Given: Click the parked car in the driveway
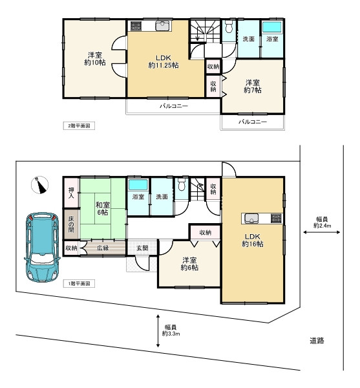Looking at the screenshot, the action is [x=42, y=247].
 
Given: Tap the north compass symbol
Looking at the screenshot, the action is [x=39, y=185].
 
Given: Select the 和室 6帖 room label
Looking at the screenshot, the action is [x=102, y=208].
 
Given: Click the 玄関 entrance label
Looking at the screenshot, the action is [x=142, y=248].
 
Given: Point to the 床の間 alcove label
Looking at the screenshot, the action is [x=71, y=224].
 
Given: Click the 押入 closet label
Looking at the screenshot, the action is [x=71, y=193].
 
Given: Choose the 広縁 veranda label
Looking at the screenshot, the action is [x=103, y=248].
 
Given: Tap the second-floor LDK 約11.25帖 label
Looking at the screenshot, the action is [x=164, y=61].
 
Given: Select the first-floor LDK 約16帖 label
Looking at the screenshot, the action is [x=253, y=240].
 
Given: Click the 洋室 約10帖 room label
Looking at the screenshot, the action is [x=95, y=59].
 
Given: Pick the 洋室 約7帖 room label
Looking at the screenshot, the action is [x=253, y=86].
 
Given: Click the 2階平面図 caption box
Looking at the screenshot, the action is [x=79, y=125].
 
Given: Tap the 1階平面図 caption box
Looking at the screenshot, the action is [x=79, y=284].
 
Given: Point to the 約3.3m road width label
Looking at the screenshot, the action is [x=171, y=334].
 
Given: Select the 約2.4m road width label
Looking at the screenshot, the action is [x=322, y=226].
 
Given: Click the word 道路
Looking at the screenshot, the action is [x=317, y=341].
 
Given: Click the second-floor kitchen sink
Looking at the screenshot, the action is [x=162, y=26].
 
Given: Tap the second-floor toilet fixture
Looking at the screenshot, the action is [x=229, y=27].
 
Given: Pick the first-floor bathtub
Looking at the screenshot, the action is [x=138, y=184].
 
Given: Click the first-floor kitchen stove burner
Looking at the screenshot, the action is [x=276, y=219].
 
